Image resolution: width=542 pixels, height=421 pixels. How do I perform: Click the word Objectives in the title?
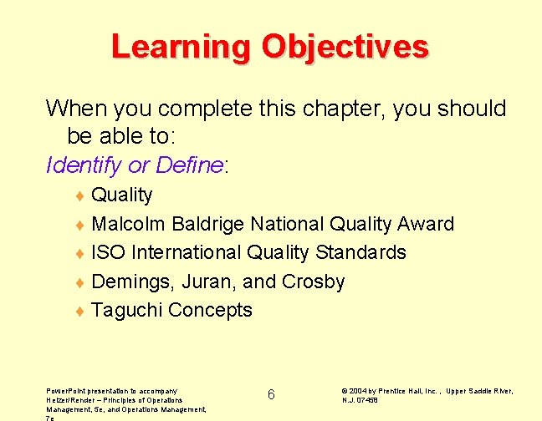345,47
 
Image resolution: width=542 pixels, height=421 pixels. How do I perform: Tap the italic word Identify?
84,165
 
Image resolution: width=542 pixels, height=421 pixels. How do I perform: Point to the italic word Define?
189,165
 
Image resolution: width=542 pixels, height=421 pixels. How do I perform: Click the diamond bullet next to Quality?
79,197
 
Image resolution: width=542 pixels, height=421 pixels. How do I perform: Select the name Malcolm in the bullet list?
129,224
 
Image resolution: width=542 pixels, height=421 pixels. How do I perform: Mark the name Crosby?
314,282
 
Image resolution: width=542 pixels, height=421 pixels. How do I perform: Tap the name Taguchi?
127,310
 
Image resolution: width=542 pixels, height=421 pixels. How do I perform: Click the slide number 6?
271,394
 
